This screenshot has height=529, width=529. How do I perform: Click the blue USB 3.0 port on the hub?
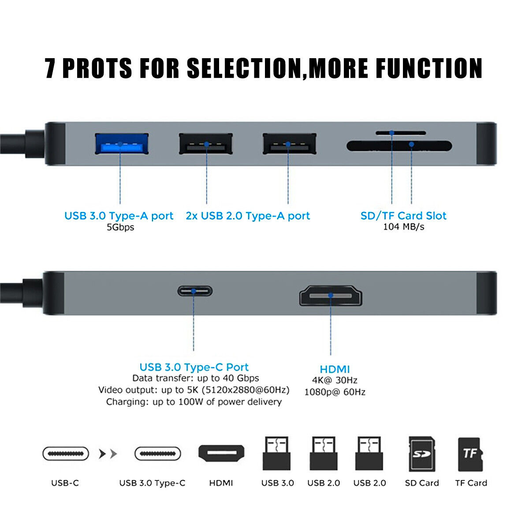[121, 144]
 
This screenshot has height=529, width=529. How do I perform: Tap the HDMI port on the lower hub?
[331, 295]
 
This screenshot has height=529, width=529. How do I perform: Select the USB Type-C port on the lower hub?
[194, 291]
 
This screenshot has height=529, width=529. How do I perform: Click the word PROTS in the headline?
[97, 68]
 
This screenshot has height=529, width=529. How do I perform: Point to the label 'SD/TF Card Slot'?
[403, 216]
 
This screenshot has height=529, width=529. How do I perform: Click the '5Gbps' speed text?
[120, 227]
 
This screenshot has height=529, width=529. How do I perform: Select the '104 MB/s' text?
[403, 227]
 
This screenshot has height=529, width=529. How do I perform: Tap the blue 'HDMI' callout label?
[335, 369]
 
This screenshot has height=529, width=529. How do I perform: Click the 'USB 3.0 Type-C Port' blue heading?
[194, 367]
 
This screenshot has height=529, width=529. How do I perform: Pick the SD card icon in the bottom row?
[422, 454]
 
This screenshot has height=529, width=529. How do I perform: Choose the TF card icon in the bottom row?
[470, 454]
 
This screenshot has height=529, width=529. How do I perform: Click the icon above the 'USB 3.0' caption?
[276, 454]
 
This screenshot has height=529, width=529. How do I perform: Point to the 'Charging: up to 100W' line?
[194, 402]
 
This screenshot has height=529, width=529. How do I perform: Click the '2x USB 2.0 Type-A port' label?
[248, 216]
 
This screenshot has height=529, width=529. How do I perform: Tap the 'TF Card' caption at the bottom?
[471, 483]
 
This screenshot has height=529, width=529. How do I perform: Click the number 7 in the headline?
[51, 68]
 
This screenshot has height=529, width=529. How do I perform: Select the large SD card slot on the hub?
[399, 146]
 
